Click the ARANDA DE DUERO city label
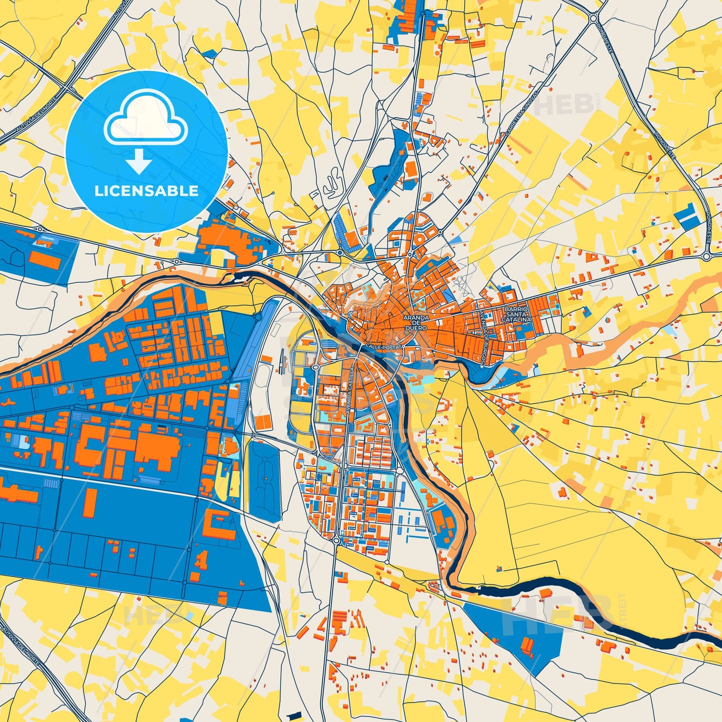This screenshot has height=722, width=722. tap(416, 323)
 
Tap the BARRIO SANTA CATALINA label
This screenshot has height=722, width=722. tap(517, 314)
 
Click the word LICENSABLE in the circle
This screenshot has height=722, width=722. tap(146, 190)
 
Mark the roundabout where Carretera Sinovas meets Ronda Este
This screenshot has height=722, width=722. tap(593, 18)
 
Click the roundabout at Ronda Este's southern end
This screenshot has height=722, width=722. tap(707, 256)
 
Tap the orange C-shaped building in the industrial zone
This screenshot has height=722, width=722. tap(218, 524)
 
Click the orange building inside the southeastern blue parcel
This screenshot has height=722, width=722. tap(528, 646)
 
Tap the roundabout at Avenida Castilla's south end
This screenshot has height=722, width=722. tap(336, 541)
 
